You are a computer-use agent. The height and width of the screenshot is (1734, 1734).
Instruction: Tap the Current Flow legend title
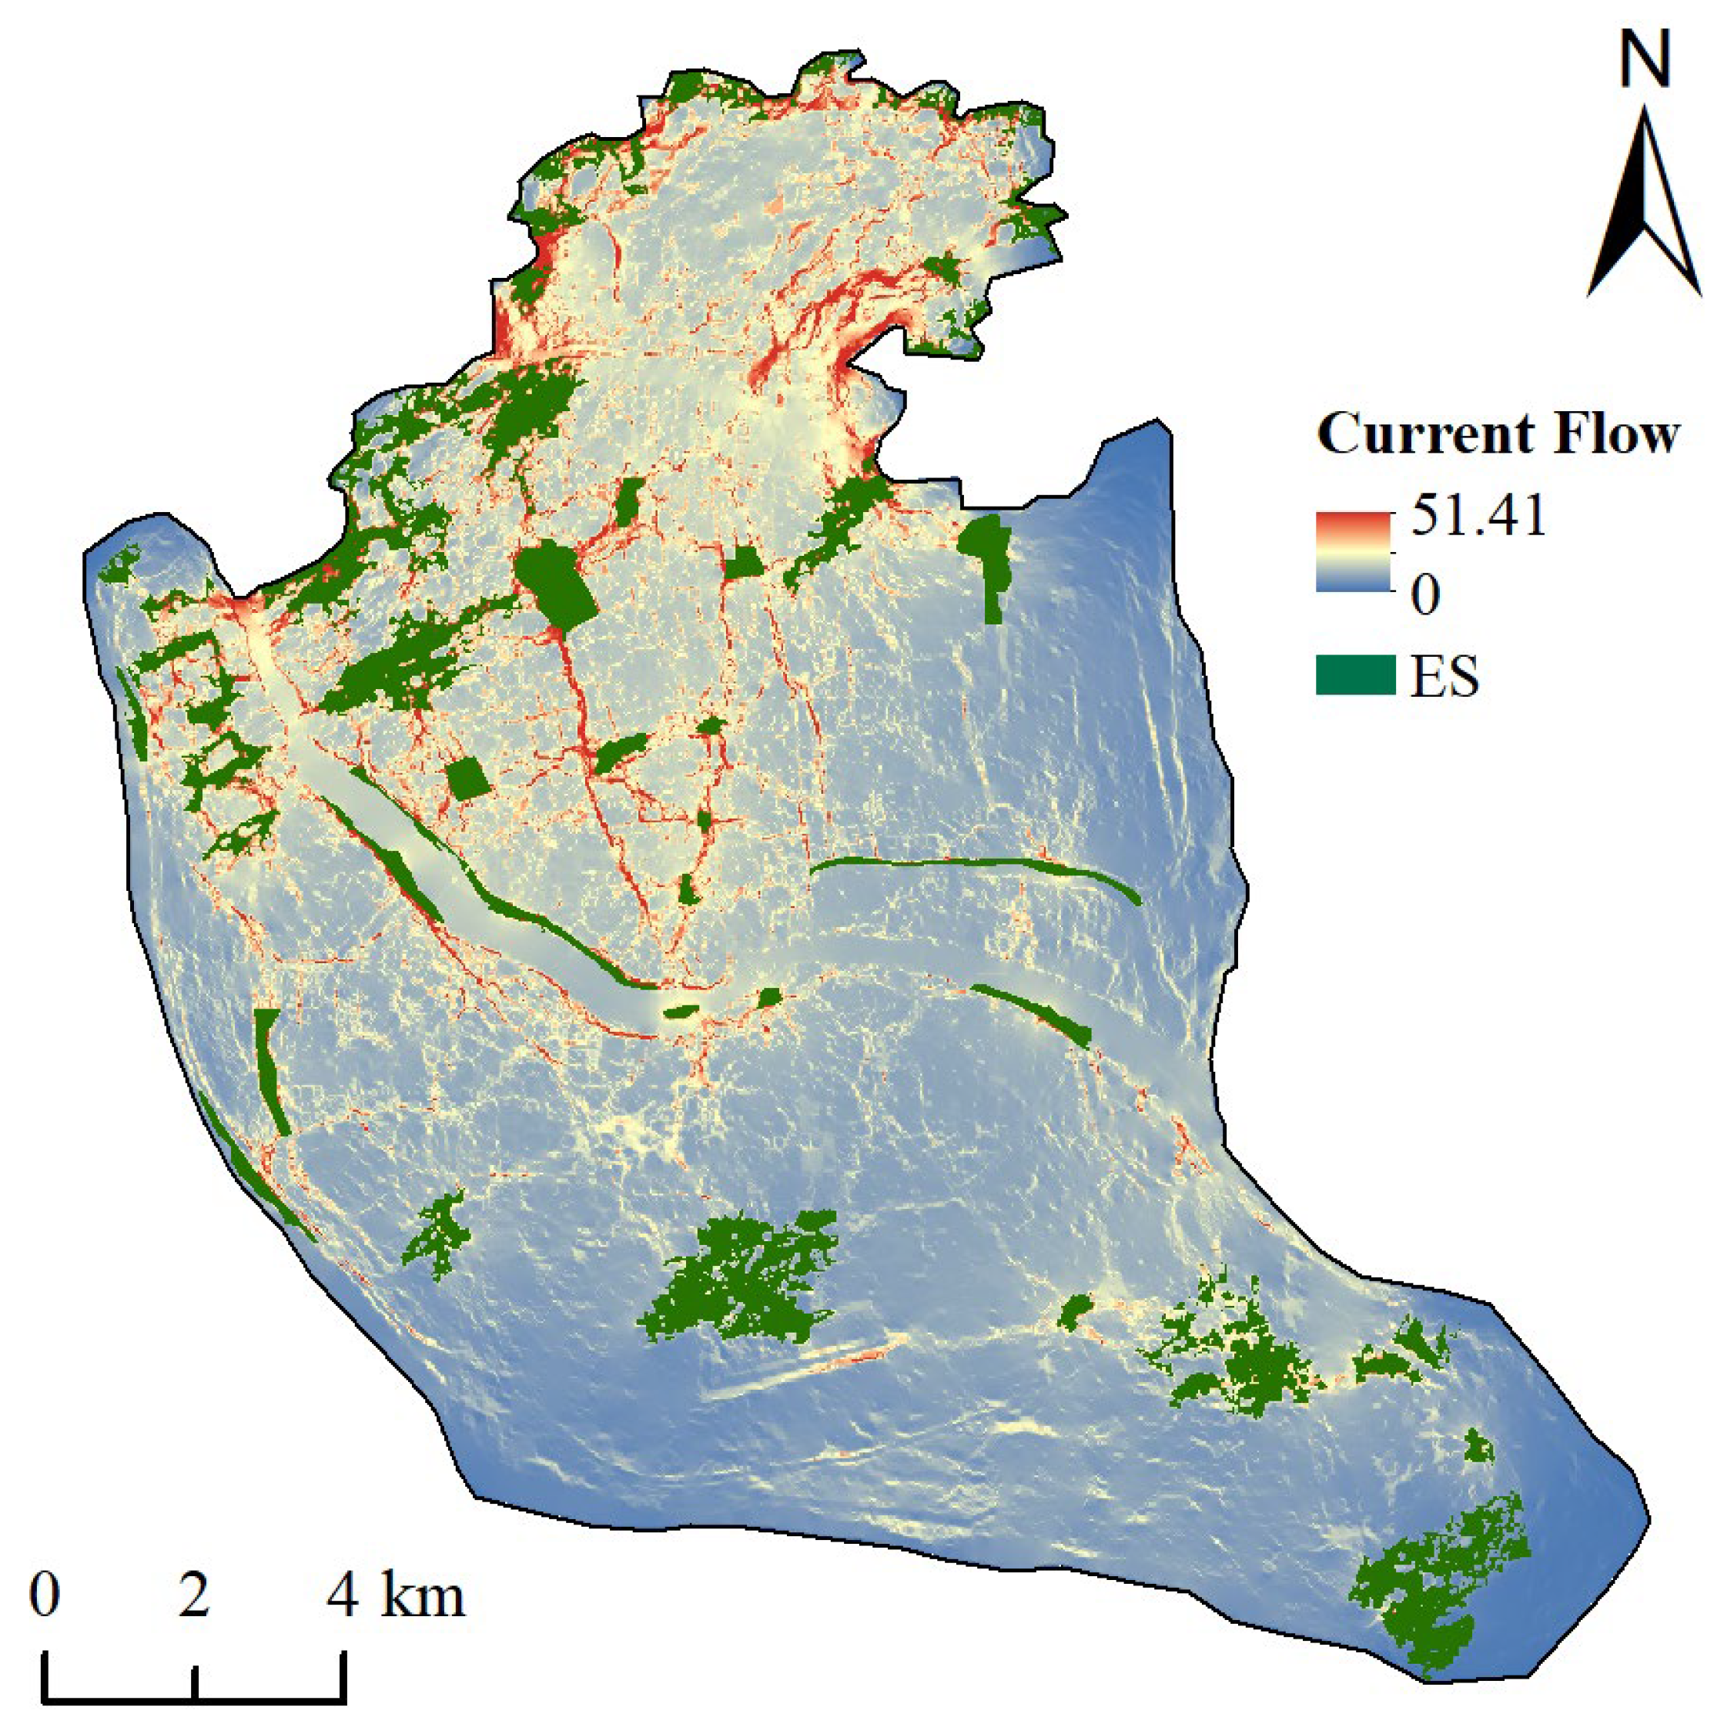pos(1497,435)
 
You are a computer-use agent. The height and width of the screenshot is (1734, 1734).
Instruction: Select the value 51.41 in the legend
pos(1478,516)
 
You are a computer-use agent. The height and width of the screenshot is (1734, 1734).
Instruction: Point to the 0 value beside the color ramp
pos(1425,594)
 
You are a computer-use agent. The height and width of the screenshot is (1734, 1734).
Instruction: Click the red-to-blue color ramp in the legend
pos(1353,552)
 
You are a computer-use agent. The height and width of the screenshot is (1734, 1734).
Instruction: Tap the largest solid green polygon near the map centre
pos(557,581)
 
